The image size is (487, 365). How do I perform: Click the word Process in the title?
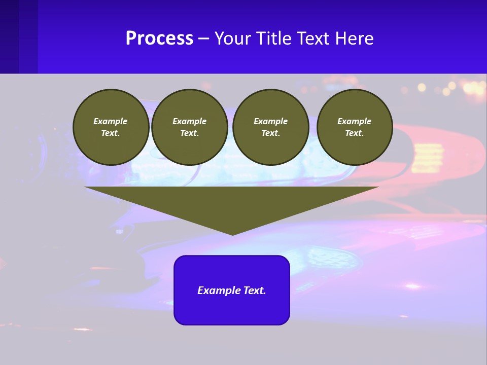pos(159,39)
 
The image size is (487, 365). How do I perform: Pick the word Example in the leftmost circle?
pos(111,121)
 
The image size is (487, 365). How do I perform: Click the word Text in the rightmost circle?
pos(355,133)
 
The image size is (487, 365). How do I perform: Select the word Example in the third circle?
pos(270,121)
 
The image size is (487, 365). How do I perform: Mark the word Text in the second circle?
pos(190,133)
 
